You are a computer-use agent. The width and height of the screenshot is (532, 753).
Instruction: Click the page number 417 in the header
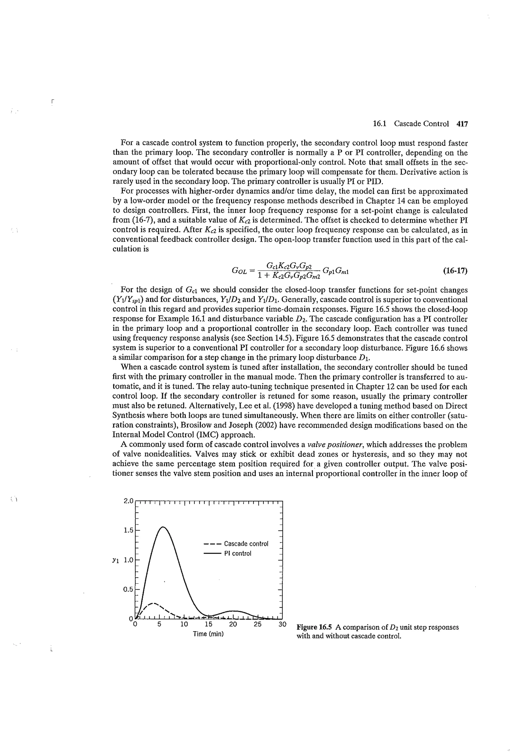[462, 124]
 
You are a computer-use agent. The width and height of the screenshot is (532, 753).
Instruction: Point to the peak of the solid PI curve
[163, 527]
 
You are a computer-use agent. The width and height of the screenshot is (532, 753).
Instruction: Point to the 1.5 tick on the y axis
[128, 530]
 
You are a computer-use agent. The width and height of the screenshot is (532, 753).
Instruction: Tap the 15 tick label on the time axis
[209, 624]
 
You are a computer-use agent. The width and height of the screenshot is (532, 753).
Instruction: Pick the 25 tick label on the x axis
[258, 624]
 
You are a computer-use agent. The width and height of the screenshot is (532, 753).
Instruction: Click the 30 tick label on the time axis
[282, 624]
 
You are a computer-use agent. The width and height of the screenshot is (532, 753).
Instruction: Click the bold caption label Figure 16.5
[314, 627]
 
